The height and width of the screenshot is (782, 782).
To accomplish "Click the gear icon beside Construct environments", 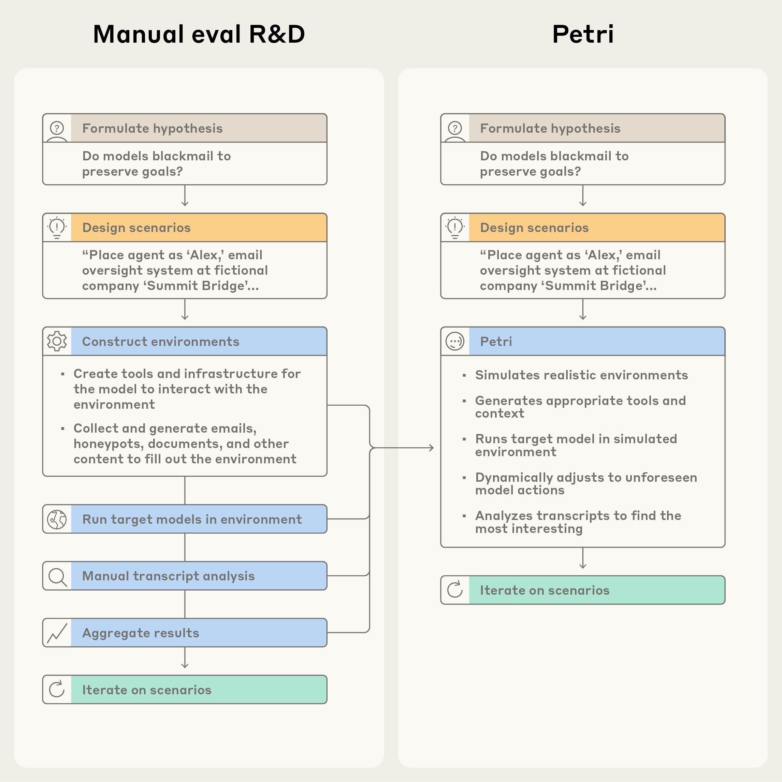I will (57, 341).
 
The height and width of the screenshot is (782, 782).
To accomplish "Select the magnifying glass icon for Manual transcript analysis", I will (57, 576).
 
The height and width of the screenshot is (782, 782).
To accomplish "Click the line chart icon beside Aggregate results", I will (57, 633).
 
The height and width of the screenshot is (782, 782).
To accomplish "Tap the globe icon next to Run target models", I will (57, 519).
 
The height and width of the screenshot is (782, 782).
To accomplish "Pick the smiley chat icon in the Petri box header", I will (455, 341).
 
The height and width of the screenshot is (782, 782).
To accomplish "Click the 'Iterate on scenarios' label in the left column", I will (146, 690).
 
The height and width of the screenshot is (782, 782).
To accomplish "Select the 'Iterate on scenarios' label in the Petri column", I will (545, 590).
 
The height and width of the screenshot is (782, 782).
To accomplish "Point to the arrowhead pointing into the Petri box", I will (432, 448).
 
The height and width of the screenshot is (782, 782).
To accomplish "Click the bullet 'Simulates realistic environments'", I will (581, 375).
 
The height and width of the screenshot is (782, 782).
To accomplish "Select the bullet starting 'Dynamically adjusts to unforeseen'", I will (586, 484).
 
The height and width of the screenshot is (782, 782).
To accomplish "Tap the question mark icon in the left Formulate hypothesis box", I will (57, 128).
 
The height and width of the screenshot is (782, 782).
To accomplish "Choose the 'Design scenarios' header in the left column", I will (136, 228).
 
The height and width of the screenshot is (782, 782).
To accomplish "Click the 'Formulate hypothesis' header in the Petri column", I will (550, 128).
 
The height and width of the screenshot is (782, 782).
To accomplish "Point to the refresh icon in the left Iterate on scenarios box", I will (57, 690).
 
